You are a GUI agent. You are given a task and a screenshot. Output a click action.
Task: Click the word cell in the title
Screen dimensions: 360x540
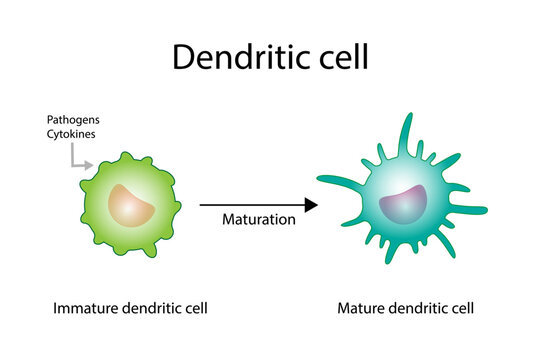[337, 56]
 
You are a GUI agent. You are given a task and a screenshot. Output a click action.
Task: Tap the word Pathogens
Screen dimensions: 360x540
[72, 120]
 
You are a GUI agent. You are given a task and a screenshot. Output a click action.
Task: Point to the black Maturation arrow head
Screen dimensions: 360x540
[311, 205]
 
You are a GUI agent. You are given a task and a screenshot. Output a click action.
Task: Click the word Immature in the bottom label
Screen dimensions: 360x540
[82, 307]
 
